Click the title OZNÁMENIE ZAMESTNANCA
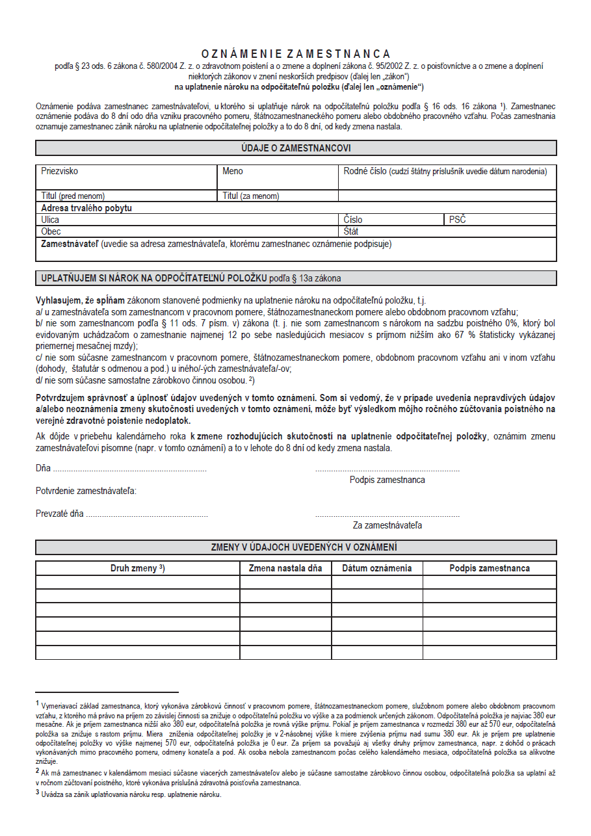click(296, 54)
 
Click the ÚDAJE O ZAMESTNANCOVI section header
click(296, 148)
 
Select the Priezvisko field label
click(59, 172)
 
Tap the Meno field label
click(233, 172)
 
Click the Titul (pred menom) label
click(73, 196)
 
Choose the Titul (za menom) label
click(251, 196)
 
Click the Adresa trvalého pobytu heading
click(86, 208)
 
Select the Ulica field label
click(50, 220)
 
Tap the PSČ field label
click(458, 220)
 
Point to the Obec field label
click(51, 231)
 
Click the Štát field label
click(351, 231)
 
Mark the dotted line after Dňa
click(129, 469)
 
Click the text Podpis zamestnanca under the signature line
click(387, 480)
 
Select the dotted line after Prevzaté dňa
click(147, 514)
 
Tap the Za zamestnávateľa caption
click(387, 525)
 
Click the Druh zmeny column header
click(137, 568)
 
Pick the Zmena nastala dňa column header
click(285, 568)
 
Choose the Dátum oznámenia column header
click(377, 568)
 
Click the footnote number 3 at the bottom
click(38, 793)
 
